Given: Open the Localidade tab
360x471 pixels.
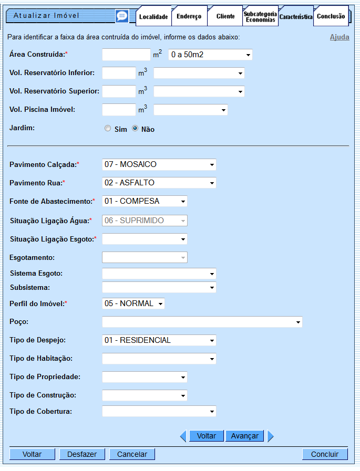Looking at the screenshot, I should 153,17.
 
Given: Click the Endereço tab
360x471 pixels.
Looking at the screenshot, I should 189,17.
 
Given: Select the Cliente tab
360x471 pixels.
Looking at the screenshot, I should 225,17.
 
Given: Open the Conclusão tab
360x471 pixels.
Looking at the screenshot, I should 331,16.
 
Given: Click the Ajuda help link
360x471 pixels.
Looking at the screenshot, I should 340,37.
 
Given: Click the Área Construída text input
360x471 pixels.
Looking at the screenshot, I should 126,55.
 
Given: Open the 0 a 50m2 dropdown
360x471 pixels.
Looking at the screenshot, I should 210,55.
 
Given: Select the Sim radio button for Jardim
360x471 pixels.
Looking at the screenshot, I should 108,129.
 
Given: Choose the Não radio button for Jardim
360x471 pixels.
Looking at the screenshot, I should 135,129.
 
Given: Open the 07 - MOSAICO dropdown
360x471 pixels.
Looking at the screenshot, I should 159,164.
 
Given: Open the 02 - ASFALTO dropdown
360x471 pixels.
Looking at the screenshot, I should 159,183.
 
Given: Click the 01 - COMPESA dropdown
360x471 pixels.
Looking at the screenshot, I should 145,201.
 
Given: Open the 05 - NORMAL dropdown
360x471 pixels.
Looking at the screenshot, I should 133,303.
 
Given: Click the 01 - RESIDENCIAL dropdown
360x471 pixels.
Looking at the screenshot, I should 159,340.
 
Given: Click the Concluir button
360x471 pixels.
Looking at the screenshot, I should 325,454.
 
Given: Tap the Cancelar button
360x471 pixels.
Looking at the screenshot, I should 132,454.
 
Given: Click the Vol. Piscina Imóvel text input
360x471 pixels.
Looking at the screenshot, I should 119,110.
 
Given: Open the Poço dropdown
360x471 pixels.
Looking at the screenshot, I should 202,322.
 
